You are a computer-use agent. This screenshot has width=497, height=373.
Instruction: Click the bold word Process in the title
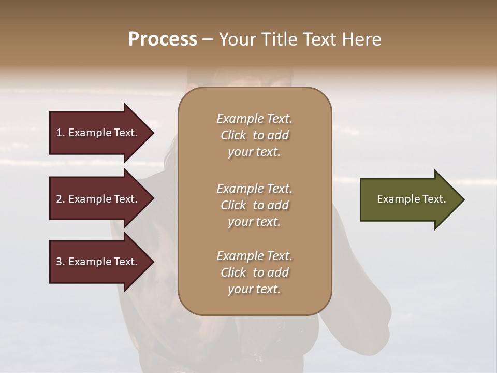pos(163,39)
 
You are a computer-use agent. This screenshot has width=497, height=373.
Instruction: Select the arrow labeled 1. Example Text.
pos(98,133)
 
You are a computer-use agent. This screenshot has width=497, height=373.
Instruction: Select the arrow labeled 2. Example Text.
pos(98,199)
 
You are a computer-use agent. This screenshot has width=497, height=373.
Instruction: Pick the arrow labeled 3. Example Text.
pos(98,262)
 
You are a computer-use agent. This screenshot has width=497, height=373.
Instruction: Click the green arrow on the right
pos(409,199)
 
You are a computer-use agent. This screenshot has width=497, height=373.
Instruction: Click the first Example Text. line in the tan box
pos(254,119)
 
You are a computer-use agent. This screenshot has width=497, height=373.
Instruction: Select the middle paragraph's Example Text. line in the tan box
pos(254,189)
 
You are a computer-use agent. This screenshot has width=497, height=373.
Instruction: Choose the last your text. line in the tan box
pos(254,290)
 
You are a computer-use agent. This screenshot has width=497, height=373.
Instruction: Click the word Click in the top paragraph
pos(233,135)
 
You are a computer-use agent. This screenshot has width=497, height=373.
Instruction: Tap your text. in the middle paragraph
pos(254,222)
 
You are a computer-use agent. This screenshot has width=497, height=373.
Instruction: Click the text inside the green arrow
pos(411,199)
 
